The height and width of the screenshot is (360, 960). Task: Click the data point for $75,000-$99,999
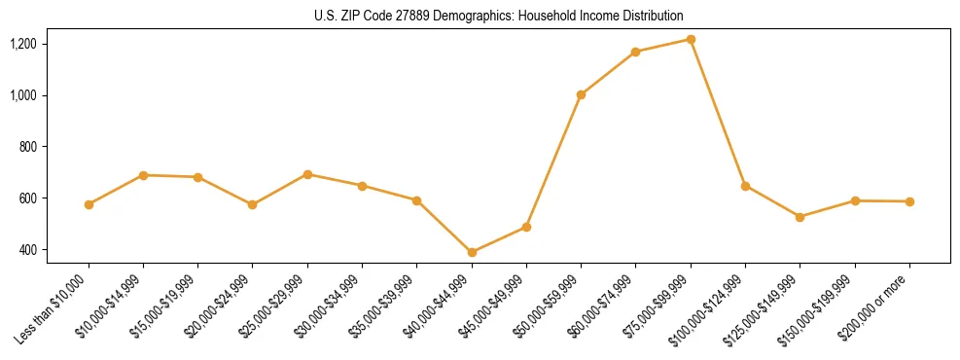pos(691,39)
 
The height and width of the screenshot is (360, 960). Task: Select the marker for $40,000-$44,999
pos(472,252)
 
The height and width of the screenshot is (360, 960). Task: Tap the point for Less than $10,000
pos(89,204)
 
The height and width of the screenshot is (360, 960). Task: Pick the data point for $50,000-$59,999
pos(581,94)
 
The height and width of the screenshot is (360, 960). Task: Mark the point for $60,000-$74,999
pos(636,52)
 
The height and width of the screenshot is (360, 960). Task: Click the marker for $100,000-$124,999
pos(745,185)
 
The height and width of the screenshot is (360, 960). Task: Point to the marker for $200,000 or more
pos(909,201)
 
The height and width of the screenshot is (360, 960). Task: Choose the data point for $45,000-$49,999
pos(526,227)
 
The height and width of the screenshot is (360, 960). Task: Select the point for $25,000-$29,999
pos(307,174)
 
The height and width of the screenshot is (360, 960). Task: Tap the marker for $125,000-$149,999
pos(800,217)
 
